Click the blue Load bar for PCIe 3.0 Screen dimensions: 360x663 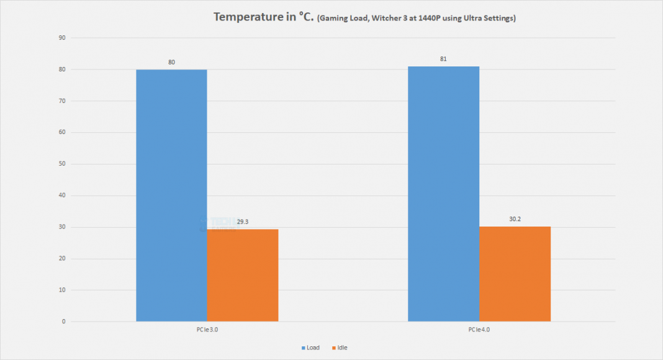[x=171, y=196]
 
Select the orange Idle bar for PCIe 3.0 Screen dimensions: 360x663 [x=243, y=275]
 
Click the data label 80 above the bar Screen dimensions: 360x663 [x=171, y=63]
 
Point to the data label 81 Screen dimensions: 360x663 [x=443, y=60]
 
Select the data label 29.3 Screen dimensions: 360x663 [x=243, y=222]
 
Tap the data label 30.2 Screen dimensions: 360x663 [x=515, y=219]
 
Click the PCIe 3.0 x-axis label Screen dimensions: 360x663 [x=207, y=330]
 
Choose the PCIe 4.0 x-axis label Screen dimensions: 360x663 [x=479, y=330]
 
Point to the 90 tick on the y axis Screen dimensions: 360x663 [x=62, y=38]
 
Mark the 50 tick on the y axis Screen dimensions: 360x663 [x=62, y=164]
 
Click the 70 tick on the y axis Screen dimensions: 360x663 [x=62, y=101]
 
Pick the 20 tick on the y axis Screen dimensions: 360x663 [x=62, y=259]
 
